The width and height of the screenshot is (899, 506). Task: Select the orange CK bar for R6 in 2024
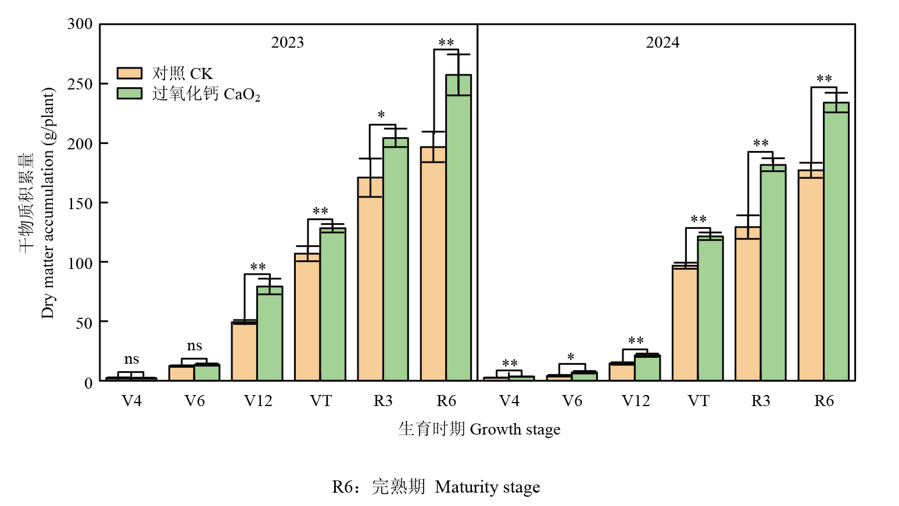[x=811, y=279]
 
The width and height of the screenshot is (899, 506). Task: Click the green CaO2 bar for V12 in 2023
[x=270, y=337]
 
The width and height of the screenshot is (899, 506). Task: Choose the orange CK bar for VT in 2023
[x=307, y=320]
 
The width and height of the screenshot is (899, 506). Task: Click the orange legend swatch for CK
[x=130, y=73]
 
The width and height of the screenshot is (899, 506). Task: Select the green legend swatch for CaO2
[x=130, y=94]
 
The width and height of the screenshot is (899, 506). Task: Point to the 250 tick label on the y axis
[x=80, y=84]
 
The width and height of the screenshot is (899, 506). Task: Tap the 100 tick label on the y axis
[x=80, y=263]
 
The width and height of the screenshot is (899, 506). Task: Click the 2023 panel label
[x=287, y=42]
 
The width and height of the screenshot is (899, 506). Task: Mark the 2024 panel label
[x=662, y=42]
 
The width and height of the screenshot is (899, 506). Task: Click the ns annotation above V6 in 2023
[x=194, y=346]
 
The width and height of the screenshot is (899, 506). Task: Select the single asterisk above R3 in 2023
[x=381, y=115]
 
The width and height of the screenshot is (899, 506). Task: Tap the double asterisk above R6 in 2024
[x=824, y=78]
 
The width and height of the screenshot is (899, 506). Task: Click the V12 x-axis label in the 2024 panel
[x=635, y=401]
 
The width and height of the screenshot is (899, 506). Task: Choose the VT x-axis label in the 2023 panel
[x=320, y=401]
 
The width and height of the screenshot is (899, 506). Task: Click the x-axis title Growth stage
[x=515, y=429]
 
